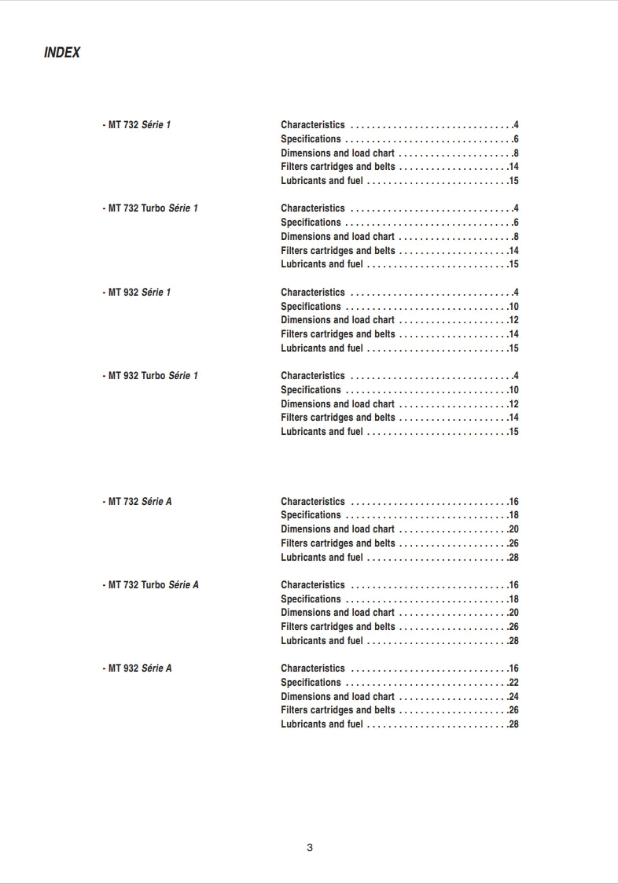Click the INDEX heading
(62, 53)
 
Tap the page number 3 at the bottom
(310, 847)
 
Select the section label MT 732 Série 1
(137, 125)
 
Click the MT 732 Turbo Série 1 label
(151, 208)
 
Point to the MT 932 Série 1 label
(137, 293)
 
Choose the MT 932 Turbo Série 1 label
(151, 376)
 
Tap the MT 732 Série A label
(138, 502)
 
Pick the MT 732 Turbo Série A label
(151, 585)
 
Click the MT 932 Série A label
(138, 669)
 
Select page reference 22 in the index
(513, 683)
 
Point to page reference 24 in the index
(513, 697)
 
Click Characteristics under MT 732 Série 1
(312, 125)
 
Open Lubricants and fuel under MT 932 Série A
(322, 724)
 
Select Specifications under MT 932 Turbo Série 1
(311, 390)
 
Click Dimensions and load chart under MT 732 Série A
(337, 529)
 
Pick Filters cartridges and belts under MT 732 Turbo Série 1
(338, 251)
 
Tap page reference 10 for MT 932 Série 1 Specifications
(513, 307)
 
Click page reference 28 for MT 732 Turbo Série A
(513, 641)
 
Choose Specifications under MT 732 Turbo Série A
(311, 599)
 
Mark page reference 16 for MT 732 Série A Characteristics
(513, 502)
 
